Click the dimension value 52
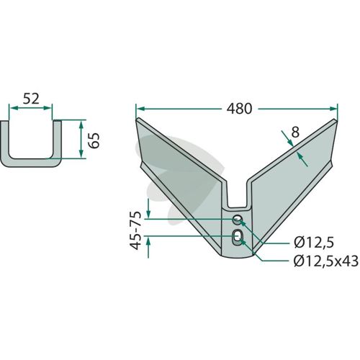pyautogui.click(x=31, y=99)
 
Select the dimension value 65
pyautogui.click(x=94, y=140)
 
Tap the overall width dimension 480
pyautogui.click(x=239, y=109)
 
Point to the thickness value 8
pyautogui.click(x=295, y=132)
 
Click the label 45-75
pyautogui.click(x=135, y=230)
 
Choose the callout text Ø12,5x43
pyautogui.click(x=326, y=261)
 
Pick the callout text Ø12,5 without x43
pyautogui.click(x=314, y=243)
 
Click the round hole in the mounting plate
pyautogui.click(x=238, y=220)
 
